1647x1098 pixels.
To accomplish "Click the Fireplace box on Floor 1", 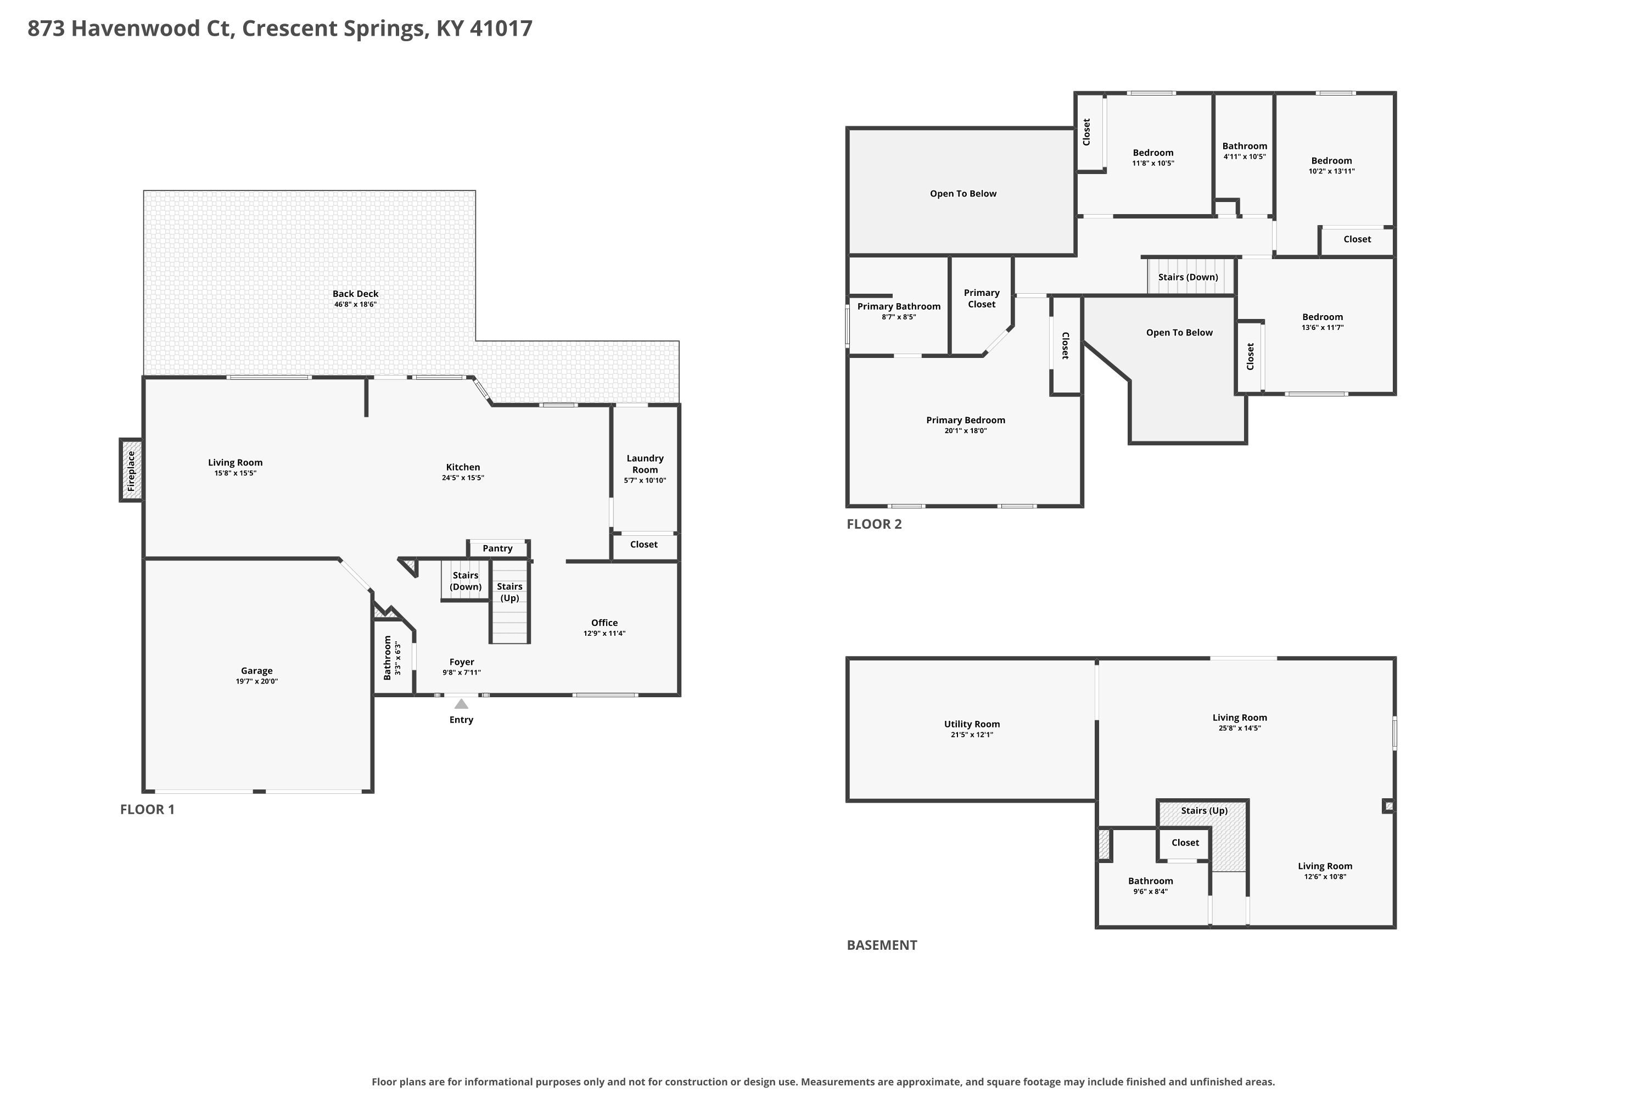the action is click(x=131, y=470).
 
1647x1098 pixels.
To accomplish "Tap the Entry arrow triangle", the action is click(x=462, y=704).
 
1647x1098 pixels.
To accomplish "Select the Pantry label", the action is click(x=498, y=548).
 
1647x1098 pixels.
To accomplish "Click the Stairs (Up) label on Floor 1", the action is click(x=510, y=592).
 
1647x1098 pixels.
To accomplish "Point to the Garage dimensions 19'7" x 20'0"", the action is click(x=257, y=681).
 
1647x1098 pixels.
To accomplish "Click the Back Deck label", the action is click(x=356, y=294).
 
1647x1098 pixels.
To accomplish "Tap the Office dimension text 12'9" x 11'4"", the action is click(x=604, y=634).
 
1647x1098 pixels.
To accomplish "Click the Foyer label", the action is click(x=462, y=662).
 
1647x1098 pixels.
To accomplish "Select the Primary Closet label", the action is click(x=982, y=298).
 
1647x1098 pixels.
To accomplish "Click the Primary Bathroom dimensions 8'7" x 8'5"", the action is click(x=899, y=317).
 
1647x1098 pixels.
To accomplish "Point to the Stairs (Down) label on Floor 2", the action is click(x=1189, y=277).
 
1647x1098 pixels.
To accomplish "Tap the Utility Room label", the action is click(x=972, y=724).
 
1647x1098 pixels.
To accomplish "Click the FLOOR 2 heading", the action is click(x=875, y=524).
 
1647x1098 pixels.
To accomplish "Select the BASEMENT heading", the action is click(x=882, y=945).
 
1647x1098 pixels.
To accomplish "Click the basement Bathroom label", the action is click(x=1151, y=881).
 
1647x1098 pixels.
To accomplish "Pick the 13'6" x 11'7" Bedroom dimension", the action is click(x=1323, y=328).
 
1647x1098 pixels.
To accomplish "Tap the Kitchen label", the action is click(x=463, y=467).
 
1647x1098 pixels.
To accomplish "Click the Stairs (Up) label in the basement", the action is click(x=1205, y=811).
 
